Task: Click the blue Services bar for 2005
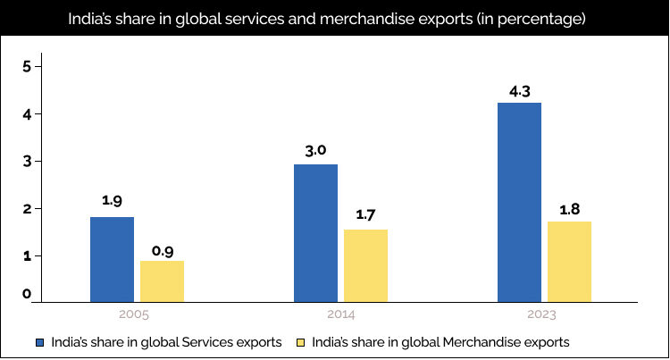(x=113, y=258)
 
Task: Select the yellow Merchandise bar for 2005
(x=163, y=280)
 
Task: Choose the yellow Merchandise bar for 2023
(x=569, y=260)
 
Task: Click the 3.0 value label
(x=315, y=151)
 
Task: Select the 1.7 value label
(x=366, y=216)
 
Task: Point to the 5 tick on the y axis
(x=28, y=66)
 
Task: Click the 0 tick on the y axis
(x=28, y=294)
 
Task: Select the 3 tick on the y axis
(x=28, y=162)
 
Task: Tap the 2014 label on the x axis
(x=340, y=314)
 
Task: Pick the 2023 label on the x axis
(x=543, y=314)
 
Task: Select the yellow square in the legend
(x=301, y=342)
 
